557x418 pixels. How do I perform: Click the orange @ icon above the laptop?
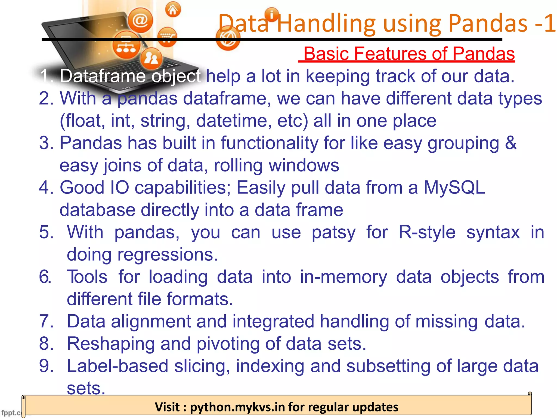click(140, 20)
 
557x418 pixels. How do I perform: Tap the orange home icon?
click(173, 10)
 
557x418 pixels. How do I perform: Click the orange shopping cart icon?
click(167, 37)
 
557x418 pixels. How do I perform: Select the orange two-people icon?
click(151, 58)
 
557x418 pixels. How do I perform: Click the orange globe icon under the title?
click(228, 38)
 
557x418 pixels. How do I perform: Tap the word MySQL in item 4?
click(454, 188)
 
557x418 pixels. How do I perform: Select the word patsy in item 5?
click(333, 232)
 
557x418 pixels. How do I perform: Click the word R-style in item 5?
click(427, 232)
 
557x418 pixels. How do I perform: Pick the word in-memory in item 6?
click(344, 277)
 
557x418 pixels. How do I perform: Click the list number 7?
click(46, 321)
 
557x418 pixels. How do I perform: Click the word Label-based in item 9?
click(117, 366)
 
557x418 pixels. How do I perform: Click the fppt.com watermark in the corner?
click(11, 413)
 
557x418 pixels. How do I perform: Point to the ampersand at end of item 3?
click(510, 143)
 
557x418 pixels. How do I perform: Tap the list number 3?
click(46, 143)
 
